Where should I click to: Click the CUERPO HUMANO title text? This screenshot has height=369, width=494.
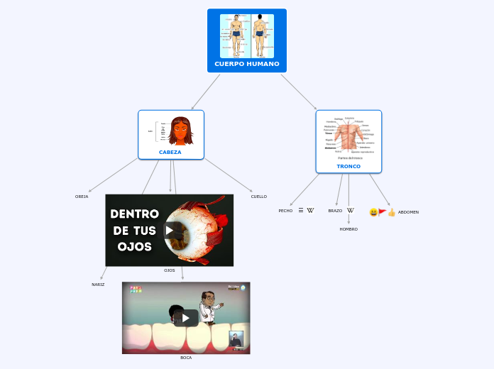[247, 64]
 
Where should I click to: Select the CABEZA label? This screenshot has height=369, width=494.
[170, 152]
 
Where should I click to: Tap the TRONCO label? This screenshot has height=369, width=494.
[348, 166]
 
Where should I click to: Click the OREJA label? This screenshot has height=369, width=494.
[82, 197]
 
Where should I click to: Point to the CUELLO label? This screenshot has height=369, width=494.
[259, 197]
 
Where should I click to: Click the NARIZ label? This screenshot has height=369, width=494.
[98, 285]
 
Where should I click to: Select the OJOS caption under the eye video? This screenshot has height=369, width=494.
[170, 270]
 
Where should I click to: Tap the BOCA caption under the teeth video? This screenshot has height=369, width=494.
[186, 358]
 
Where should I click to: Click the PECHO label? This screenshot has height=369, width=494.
[285, 211]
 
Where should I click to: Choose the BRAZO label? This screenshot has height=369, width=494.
[335, 211]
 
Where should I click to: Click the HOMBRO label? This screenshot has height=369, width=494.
[348, 229]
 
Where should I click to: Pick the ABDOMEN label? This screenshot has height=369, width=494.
[408, 212]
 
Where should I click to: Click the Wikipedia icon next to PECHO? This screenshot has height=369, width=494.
[310, 211]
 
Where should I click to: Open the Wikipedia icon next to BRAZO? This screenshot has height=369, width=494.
[351, 211]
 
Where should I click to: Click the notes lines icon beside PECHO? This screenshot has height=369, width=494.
[301, 211]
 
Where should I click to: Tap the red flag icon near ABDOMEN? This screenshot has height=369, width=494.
[383, 211]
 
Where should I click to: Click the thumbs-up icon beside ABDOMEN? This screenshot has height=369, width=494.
[392, 212]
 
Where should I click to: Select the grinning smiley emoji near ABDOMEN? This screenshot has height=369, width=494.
[373, 212]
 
